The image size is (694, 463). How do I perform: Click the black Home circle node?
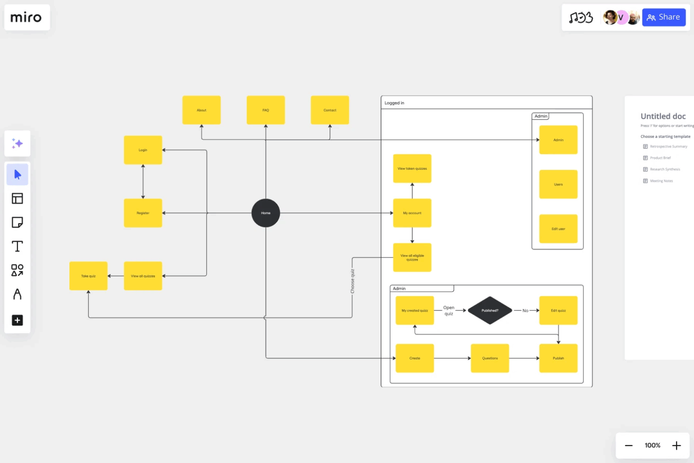point(266,213)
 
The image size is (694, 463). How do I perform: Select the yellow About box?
point(201,110)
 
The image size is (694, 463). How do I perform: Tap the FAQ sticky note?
point(266,110)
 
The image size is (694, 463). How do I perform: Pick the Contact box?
point(330,110)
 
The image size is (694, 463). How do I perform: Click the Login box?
point(143,150)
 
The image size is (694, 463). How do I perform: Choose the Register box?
point(143,213)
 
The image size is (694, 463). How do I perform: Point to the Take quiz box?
point(88,276)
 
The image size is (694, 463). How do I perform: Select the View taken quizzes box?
point(412,169)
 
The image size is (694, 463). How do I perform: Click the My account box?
point(412,213)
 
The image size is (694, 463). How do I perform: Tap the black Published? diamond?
point(490,311)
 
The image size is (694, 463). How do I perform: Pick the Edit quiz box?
point(558,311)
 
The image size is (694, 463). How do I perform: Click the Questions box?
point(490,358)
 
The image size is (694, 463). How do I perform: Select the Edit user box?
point(558,229)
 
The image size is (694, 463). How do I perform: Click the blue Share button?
point(664,17)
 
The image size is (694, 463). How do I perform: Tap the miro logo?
point(26,17)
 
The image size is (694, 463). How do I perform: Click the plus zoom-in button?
point(676,446)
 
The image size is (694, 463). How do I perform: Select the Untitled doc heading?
point(663,116)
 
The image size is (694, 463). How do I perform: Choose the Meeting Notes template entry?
point(661,181)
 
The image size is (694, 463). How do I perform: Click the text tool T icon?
point(17,246)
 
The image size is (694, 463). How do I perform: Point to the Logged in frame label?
point(395,103)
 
